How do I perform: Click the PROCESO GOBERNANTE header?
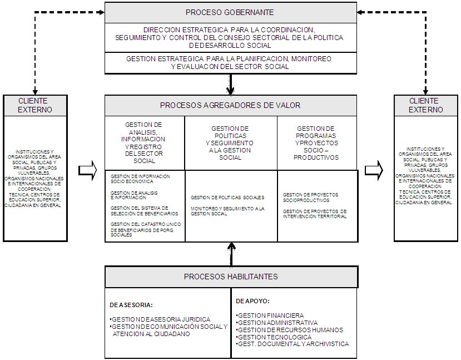(230, 12)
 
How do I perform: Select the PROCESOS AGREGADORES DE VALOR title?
(230, 105)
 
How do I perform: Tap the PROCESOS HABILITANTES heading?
(231, 277)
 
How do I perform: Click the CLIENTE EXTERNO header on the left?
(35, 105)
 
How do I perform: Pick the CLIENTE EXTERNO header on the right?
(426, 105)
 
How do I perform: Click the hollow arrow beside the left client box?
(88, 170)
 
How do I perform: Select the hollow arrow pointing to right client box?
(374, 170)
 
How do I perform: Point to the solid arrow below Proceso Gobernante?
(231, 85)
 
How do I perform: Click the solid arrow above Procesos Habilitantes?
(231, 254)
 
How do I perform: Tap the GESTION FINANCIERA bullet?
(270, 315)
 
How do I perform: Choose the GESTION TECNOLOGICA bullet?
(274, 337)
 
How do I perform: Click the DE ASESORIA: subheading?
(131, 305)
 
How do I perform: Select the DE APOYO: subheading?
(253, 301)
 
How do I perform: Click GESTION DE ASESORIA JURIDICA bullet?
(160, 319)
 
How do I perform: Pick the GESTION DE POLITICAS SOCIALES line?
(227, 198)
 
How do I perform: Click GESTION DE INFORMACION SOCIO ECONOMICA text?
(140, 179)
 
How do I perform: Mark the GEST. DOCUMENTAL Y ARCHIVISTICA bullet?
(293, 344)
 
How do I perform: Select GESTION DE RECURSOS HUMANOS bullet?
(290, 330)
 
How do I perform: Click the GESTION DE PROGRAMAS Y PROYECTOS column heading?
(316, 143)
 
